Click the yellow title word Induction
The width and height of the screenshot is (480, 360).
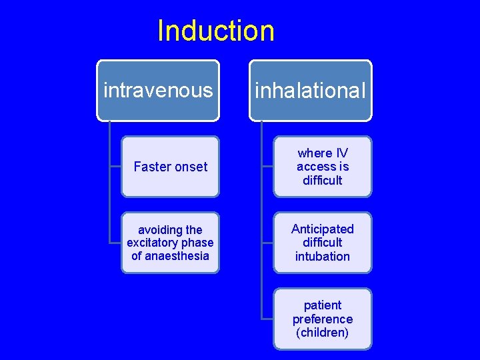click(x=215, y=31)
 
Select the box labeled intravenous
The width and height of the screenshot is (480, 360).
click(x=157, y=90)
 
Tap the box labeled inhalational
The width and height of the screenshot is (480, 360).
click(x=311, y=91)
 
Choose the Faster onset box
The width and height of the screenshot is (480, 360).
click(x=170, y=167)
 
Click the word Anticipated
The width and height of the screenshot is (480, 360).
click(x=323, y=229)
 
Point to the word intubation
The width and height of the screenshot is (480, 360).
click(x=323, y=256)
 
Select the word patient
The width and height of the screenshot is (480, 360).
click(x=323, y=305)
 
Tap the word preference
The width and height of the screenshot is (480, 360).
click(x=323, y=319)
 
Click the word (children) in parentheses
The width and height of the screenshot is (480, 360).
click(x=323, y=332)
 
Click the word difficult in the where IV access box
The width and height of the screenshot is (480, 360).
click(x=323, y=180)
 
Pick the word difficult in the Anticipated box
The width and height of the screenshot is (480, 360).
click(x=323, y=242)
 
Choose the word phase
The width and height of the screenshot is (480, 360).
click(x=198, y=243)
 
